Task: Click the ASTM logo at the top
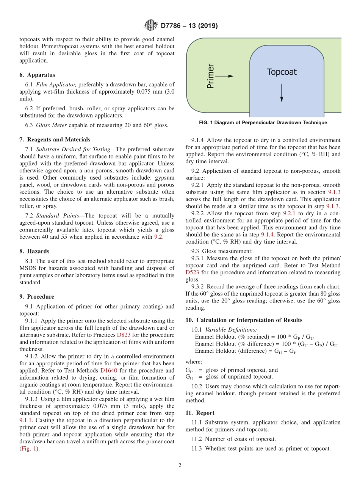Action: coord(150,26)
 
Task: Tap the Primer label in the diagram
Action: coord(211,76)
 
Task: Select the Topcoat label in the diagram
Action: coord(281,72)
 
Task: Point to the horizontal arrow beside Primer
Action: coord(225,76)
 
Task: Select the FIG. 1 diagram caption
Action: coord(263,123)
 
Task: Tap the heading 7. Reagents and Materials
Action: coord(55,139)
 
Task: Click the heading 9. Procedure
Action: coord(37,297)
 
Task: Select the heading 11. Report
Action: coord(200,413)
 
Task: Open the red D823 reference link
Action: coord(124,335)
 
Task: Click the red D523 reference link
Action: coord(192,272)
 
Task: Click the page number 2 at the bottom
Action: coord(180,466)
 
